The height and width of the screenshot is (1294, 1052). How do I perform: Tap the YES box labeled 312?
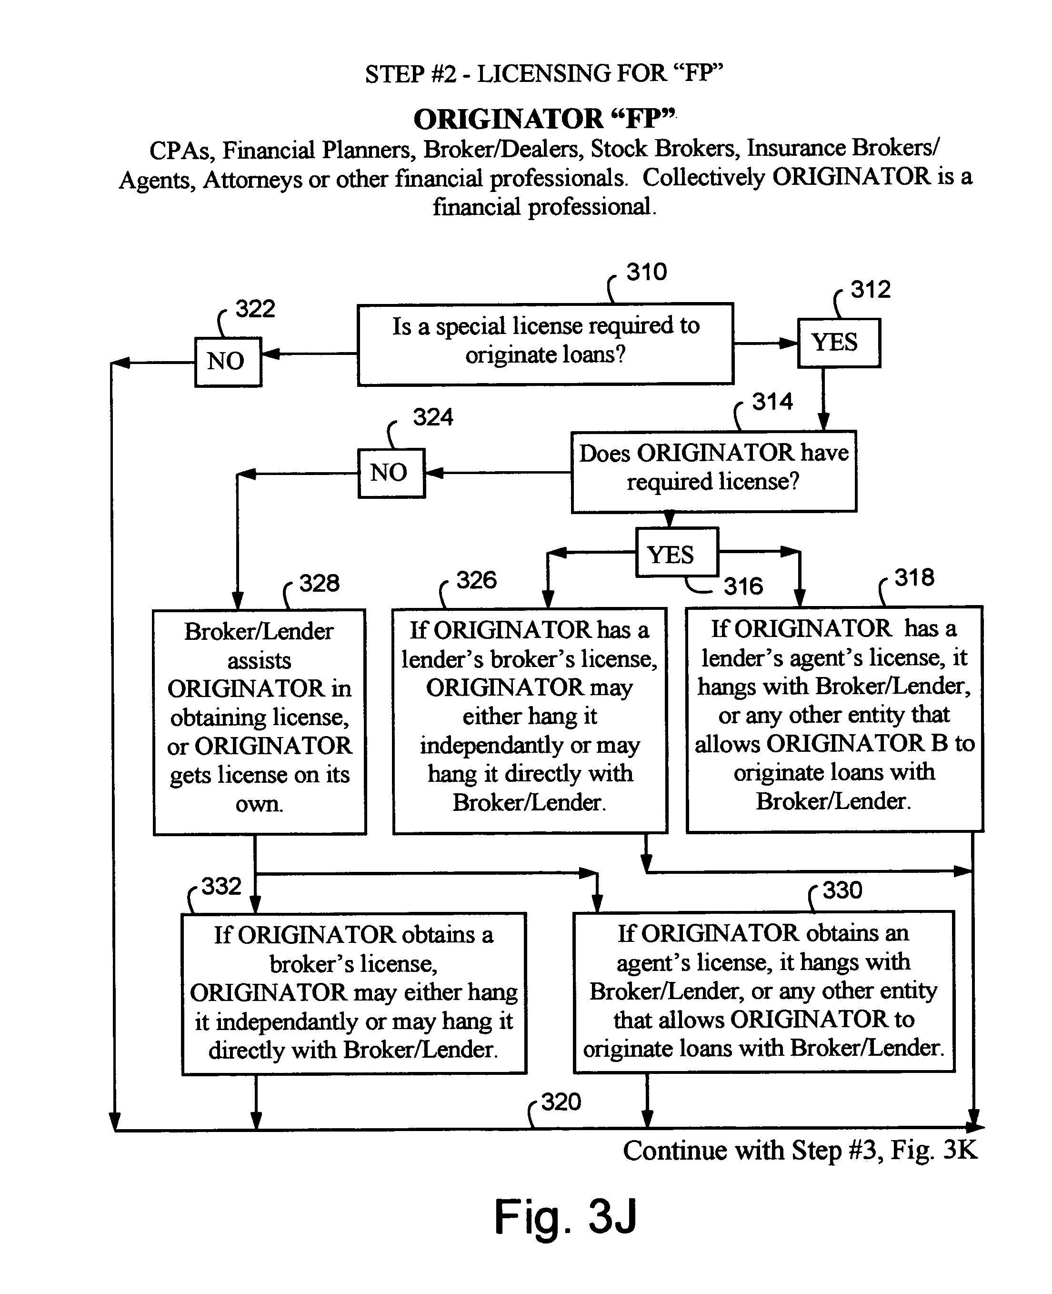pos(839,343)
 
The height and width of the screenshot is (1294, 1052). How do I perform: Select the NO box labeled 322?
pos(228,362)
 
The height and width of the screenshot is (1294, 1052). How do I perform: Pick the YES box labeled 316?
pos(677,552)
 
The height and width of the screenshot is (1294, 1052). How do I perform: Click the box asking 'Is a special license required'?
pos(545,344)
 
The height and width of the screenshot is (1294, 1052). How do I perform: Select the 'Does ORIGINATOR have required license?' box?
pos(714,472)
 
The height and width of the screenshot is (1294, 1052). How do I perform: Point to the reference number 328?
pos(320,584)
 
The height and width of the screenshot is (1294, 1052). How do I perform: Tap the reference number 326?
pos(476,580)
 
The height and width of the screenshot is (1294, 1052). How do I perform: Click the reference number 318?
pos(914,577)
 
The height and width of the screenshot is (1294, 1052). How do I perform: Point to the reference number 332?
pos(221,887)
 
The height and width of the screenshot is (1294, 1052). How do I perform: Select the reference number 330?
pos(842,890)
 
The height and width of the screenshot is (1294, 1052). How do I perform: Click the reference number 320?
pos(561,1102)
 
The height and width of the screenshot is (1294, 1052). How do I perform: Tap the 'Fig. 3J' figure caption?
pos(565,1216)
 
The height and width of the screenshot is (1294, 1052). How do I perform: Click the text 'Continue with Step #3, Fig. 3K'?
pos(800,1151)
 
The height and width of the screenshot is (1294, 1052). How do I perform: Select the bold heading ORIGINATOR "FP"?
pos(544,119)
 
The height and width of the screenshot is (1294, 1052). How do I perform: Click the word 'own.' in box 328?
pos(260,804)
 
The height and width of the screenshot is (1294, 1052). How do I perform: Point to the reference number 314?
pos(772,402)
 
